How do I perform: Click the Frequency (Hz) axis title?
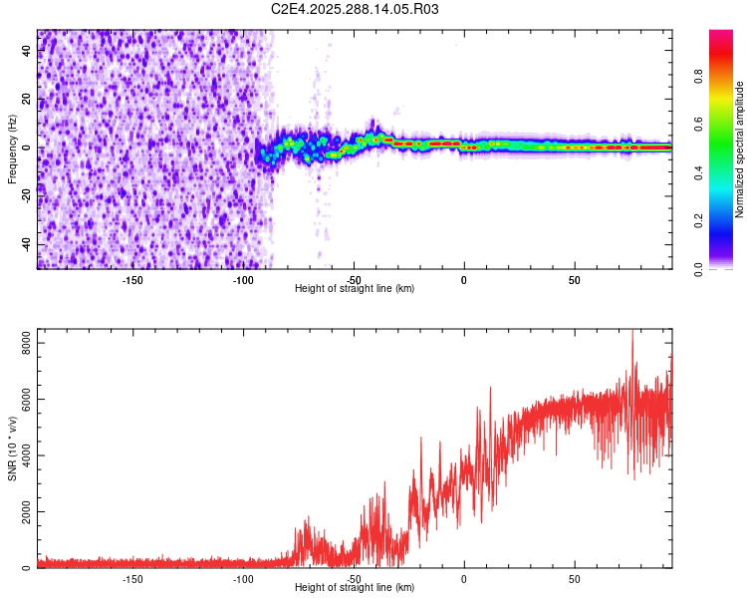[x=12, y=149]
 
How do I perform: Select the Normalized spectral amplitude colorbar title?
[x=740, y=149]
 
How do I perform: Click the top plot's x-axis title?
[x=355, y=288]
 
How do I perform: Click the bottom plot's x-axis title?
[x=355, y=587]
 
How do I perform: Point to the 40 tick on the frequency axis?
[x=27, y=51]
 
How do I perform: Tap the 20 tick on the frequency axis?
[x=27, y=100]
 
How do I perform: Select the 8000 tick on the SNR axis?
[x=22, y=343]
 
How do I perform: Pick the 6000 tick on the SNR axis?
[x=22, y=399]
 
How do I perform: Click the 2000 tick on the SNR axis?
[x=22, y=511]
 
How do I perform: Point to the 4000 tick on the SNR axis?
[x=22, y=455]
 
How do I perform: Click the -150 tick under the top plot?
[x=132, y=279]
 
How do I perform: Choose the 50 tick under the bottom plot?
[x=575, y=578]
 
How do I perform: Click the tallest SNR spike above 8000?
[x=631, y=333]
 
